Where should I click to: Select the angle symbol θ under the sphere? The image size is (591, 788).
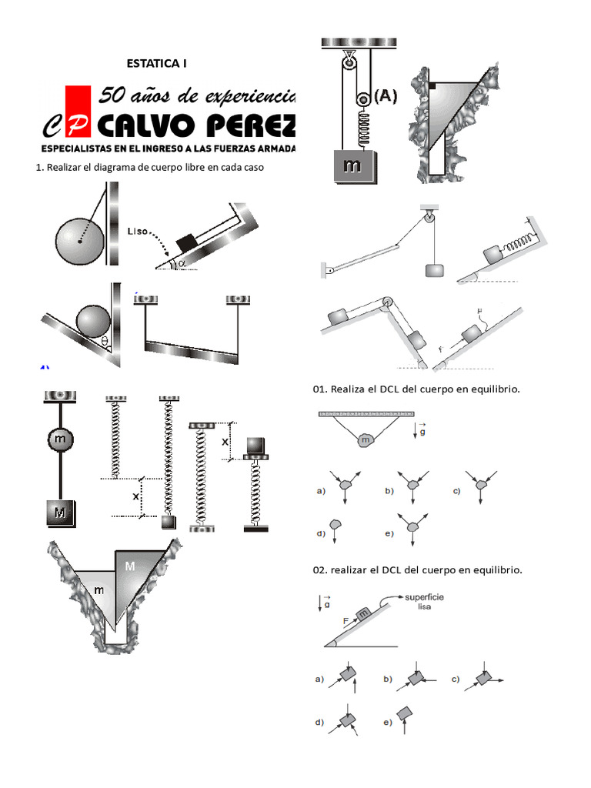click(x=105, y=340)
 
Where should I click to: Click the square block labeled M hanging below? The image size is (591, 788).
click(x=59, y=513)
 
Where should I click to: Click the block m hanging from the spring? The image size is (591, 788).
click(x=352, y=165)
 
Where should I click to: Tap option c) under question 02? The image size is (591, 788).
click(x=456, y=679)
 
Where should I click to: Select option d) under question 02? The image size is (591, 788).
click(x=319, y=723)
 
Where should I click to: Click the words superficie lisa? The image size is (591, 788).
click(x=424, y=601)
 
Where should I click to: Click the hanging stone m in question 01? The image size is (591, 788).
click(x=365, y=439)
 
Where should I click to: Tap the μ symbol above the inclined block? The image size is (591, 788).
click(x=479, y=312)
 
